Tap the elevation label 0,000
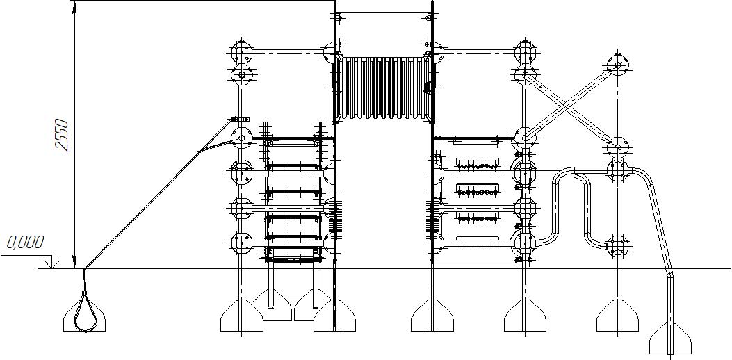tap(25, 243)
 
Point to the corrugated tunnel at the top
tap(382, 88)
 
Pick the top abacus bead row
tap(479, 165)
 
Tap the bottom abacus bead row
tap(479, 218)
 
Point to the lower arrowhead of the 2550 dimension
tap(74, 262)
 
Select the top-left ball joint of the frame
tap(241, 51)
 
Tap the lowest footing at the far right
tap(670, 341)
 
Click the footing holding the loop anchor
tap(86, 318)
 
